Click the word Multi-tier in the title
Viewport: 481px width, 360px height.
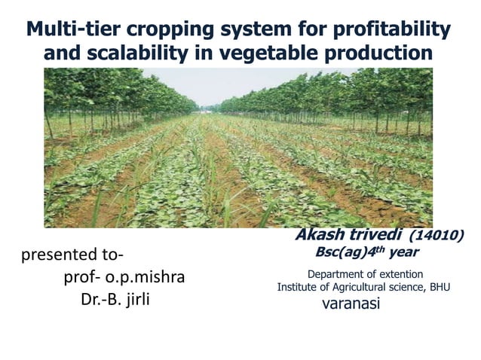click(x=72, y=29)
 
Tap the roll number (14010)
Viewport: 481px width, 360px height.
click(x=439, y=236)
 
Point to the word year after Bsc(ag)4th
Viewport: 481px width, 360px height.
click(x=403, y=252)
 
